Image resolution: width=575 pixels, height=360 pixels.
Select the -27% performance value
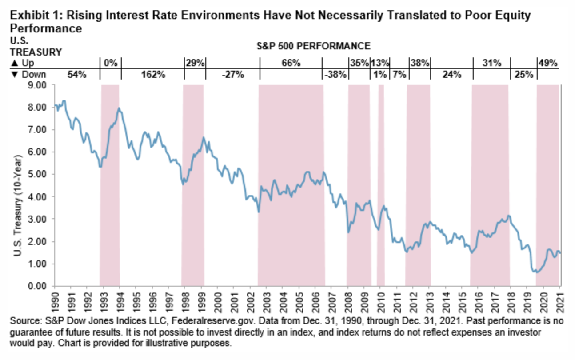coord(232,75)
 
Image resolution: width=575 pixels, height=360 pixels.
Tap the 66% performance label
coord(291,63)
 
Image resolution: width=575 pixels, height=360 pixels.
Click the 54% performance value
coord(76,75)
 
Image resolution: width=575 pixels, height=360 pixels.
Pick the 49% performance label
coord(547,63)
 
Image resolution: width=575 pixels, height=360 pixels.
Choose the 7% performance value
coord(398,75)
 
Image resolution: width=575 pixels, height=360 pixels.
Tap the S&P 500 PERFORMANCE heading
coord(313,46)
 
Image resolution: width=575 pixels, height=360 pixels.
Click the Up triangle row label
coord(22,63)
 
